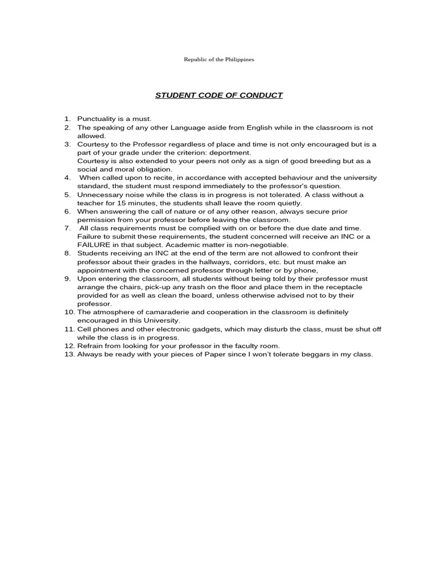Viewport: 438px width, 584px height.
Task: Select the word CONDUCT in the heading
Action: [x=262, y=95]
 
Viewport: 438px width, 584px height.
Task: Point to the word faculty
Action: [x=221, y=346]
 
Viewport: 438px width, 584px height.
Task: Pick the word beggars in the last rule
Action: [x=311, y=354]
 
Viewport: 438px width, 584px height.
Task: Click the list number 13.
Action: [x=68, y=354]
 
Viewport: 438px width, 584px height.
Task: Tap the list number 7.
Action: [x=67, y=228]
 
